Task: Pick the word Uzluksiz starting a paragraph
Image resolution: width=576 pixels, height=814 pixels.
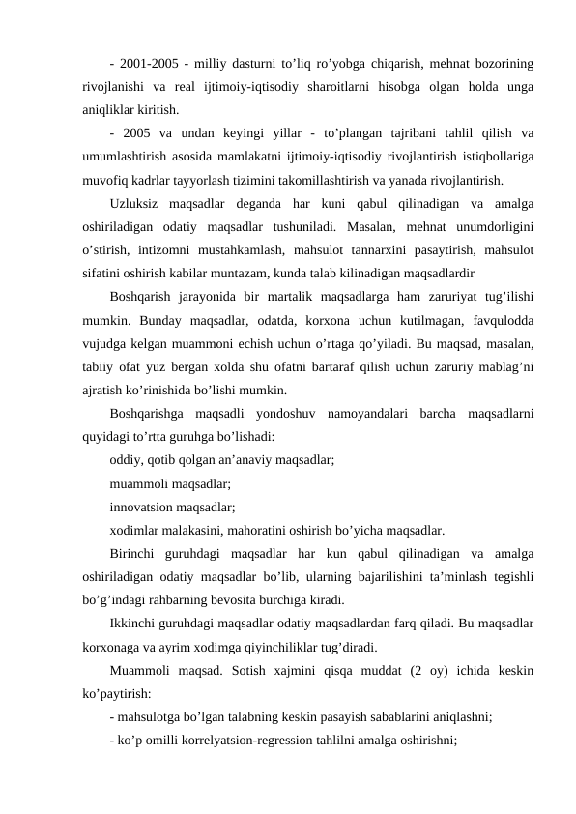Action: click(x=140, y=204)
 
